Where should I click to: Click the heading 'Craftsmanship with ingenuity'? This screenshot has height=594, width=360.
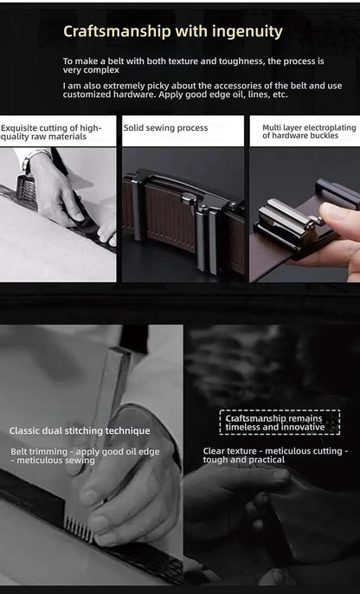(x=173, y=32)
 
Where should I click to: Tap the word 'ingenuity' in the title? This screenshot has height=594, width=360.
(x=246, y=32)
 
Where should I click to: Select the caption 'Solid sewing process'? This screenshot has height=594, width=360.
(x=165, y=127)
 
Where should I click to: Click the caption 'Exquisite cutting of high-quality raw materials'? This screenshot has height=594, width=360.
(x=52, y=132)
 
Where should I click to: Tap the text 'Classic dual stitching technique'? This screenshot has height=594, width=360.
(x=80, y=430)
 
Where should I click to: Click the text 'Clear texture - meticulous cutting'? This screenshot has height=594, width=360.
(x=275, y=450)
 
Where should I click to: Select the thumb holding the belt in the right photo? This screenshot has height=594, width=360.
(x=334, y=213)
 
